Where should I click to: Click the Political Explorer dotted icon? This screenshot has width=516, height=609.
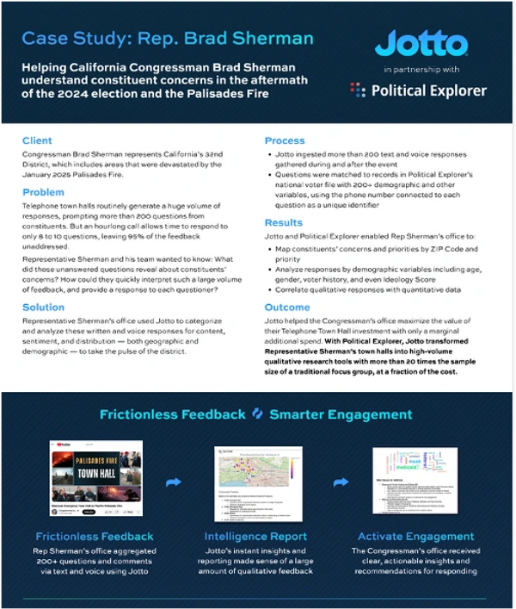(358, 90)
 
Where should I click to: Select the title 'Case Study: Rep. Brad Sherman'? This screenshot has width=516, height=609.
(168, 39)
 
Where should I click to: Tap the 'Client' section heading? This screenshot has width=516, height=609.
(37, 140)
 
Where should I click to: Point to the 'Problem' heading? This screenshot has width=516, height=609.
(43, 193)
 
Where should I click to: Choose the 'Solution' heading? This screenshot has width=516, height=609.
(43, 307)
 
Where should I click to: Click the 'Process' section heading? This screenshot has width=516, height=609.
(285, 140)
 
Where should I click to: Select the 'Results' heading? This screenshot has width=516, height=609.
(283, 222)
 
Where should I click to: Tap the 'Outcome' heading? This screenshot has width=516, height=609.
(287, 307)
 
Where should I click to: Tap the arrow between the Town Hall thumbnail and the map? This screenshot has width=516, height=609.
(173, 482)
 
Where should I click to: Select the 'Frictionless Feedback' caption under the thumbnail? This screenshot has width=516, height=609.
(95, 536)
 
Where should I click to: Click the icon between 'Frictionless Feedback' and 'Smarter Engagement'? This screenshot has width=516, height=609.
(257, 414)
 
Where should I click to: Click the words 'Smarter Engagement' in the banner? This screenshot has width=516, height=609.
(341, 414)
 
